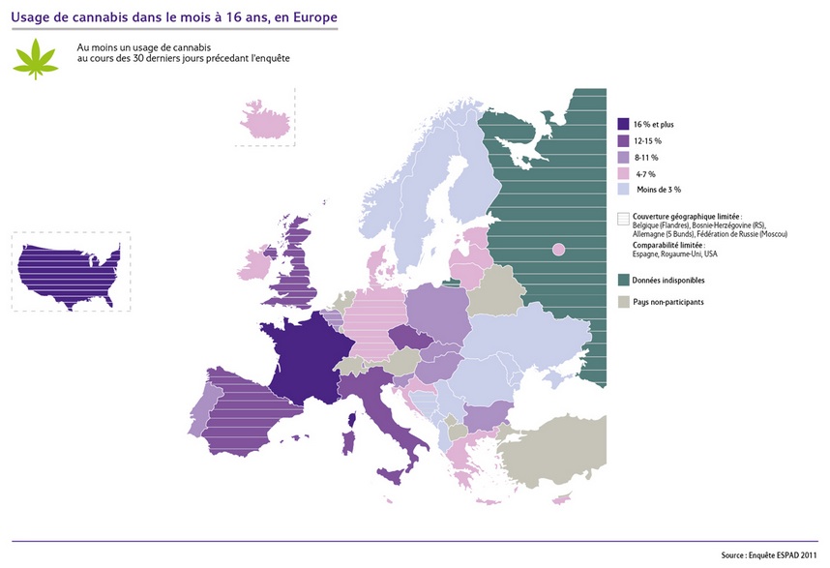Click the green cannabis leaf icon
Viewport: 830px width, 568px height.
(36, 57)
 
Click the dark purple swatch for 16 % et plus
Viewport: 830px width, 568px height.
(624, 124)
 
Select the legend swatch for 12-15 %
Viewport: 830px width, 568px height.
(624, 140)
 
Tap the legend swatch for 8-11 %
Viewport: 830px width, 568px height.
(624, 157)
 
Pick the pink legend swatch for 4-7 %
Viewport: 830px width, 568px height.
(624, 173)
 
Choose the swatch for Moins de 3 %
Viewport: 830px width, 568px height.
(624, 190)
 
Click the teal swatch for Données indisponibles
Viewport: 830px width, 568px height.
(624, 280)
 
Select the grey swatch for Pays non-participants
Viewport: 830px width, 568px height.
(624, 302)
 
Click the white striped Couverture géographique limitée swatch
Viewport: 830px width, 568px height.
(624, 218)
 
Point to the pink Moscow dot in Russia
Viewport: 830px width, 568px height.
(558, 251)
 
